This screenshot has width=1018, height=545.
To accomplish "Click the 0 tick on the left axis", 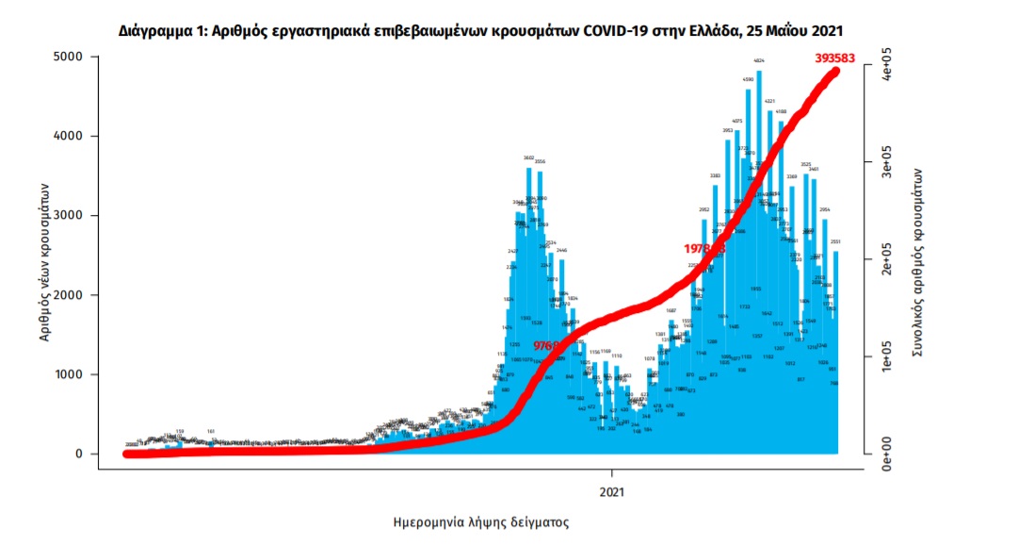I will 80,454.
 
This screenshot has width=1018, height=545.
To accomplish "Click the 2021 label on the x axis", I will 612,490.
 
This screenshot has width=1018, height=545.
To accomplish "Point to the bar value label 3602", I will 529,157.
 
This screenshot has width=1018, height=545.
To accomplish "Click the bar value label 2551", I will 834,241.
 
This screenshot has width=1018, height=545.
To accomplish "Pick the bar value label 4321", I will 769,101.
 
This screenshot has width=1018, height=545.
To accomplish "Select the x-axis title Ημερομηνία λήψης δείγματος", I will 480,520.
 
